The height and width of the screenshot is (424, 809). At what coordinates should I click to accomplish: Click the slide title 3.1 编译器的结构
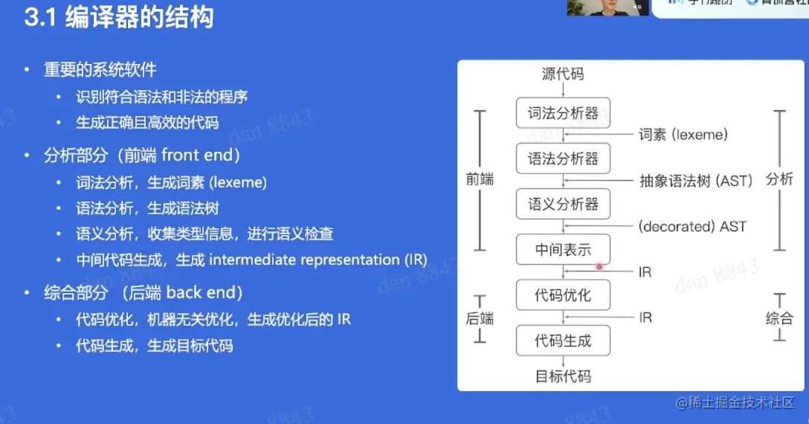click(x=118, y=17)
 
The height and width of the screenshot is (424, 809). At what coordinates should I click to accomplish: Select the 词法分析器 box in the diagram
click(x=563, y=113)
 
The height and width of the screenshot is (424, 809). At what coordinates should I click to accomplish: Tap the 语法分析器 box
click(x=563, y=158)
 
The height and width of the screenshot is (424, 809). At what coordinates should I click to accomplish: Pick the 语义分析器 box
click(x=563, y=204)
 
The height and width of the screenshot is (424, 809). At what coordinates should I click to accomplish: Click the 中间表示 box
click(x=563, y=250)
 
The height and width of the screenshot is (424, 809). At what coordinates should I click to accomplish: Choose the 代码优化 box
click(x=563, y=295)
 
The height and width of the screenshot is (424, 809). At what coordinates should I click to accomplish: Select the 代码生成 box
click(x=563, y=341)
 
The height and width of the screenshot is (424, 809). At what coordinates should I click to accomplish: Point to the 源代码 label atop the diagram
click(x=563, y=74)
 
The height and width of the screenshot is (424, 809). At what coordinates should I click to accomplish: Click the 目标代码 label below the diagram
click(x=563, y=376)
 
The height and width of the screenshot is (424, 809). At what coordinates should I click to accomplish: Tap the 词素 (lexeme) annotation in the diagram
click(x=683, y=135)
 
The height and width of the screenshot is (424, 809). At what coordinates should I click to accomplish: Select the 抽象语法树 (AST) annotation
click(x=696, y=181)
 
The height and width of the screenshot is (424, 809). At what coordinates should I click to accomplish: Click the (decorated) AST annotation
click(x=692, y=226)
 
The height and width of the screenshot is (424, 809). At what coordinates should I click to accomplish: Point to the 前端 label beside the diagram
click(x=480, y=180)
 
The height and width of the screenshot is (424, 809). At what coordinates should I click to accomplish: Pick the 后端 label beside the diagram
click(x=480, y=318)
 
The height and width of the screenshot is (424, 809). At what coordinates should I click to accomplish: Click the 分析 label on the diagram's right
click(x=779, y=179)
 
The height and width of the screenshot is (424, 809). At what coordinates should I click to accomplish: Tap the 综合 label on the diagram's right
click(x=779, y=318)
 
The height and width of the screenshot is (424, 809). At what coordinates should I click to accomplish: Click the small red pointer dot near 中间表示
click(x=599, y=266)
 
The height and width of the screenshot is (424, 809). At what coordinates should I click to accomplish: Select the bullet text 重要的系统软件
click(x=100, y=69)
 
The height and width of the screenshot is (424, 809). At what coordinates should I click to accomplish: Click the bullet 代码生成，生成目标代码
click(x=154, y=346)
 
